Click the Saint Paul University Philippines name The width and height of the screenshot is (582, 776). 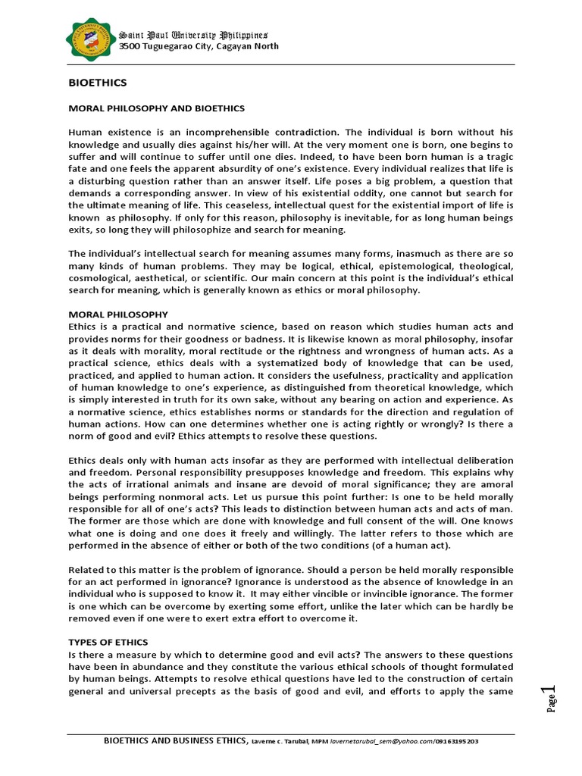[193, 35]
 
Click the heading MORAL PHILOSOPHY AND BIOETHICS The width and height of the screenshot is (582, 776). [157, 108]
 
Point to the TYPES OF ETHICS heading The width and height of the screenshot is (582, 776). [108, 642]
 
